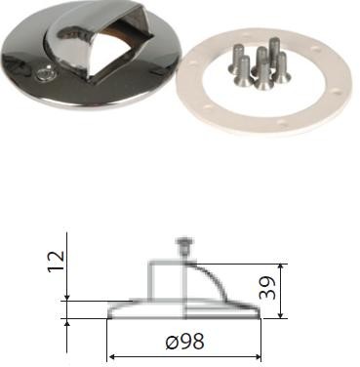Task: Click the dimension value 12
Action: click(x=56, y=263)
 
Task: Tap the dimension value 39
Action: click(x=268, y=288)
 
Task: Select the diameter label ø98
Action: click(x=184, y=342)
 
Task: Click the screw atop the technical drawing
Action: click(x=184, y=247)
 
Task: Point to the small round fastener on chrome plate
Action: click(x=43, y=74)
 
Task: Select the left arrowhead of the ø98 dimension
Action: click(x=111, y=357)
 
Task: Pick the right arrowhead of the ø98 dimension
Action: click(x=258, y=357)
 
